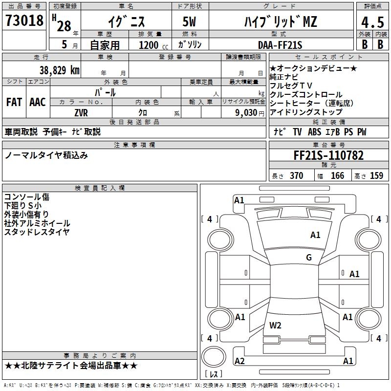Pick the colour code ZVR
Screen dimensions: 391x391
(81, 112)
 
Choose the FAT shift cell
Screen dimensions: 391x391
(14, 102)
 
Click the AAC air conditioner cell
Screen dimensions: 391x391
(38, 102)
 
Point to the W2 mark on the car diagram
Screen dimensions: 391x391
(276, 325)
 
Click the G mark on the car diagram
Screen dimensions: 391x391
(309, 258)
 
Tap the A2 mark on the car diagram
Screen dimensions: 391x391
(239, 361)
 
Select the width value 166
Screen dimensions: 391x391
(337, 175)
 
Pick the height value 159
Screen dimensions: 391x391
(376, 175)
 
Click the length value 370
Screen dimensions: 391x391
(297, 175)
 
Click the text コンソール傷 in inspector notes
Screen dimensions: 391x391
(27, 197)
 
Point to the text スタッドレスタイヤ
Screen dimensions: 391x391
(37, 232)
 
